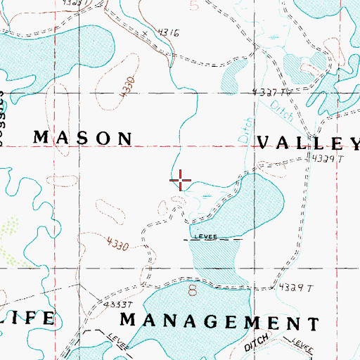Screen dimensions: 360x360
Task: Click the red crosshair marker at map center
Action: pos(181,181)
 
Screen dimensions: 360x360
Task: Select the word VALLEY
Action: pos(308,143)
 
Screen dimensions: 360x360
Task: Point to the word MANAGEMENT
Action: pos(219,322)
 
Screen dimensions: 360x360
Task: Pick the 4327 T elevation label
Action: pos(271,92)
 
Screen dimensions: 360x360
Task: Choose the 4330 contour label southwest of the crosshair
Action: pos(117,245)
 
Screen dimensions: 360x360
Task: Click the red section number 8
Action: pos(191,289)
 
